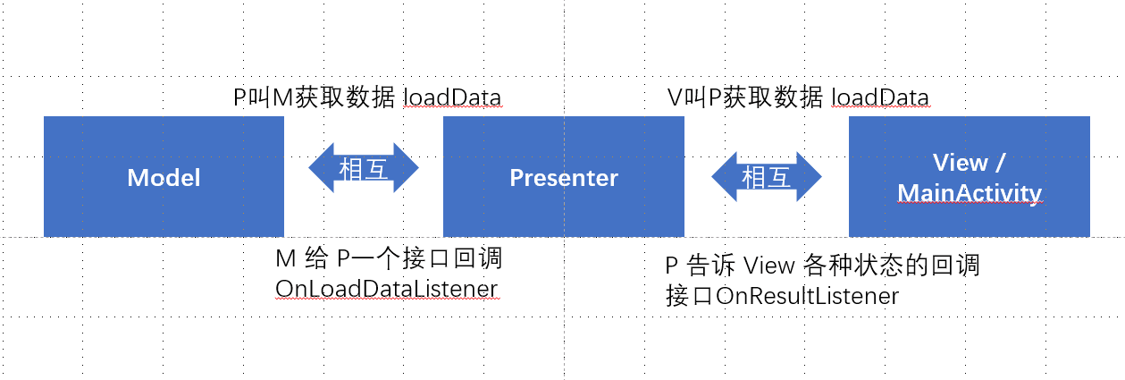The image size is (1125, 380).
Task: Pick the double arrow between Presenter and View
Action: click(767, 176)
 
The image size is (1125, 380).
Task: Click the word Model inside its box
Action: click(164, 178)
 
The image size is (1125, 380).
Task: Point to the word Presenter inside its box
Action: click(564, 178)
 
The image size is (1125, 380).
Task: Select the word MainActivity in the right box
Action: click(970, 192)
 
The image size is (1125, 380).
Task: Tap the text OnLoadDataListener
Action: click(387, 289)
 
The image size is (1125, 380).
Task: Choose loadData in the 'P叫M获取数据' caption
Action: click(452, 97)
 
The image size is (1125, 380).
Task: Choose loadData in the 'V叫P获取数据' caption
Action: click(880, 97)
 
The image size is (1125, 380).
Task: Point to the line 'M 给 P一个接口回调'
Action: click(389, 259)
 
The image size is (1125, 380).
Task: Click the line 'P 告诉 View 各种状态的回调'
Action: click(822, 266)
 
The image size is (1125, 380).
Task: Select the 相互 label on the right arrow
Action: click(767, 177)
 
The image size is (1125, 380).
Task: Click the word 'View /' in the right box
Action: click(970, 163)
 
